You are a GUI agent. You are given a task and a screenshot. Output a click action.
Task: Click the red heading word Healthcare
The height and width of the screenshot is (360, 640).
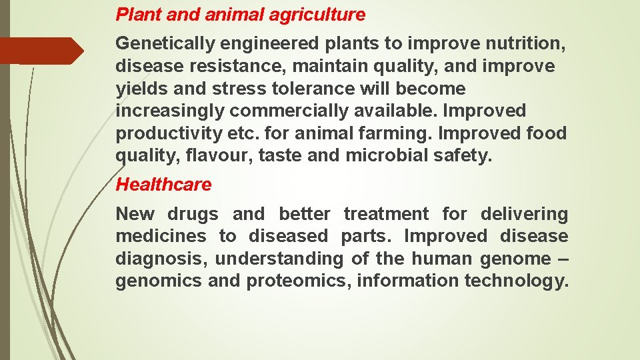163,185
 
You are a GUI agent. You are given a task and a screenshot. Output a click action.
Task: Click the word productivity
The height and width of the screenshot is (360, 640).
169,133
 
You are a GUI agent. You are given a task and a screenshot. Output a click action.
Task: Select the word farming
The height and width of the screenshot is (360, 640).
397,133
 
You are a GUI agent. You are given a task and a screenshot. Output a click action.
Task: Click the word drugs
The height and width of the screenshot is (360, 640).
193,214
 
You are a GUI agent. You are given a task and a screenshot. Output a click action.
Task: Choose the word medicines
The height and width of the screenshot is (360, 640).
161,237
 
